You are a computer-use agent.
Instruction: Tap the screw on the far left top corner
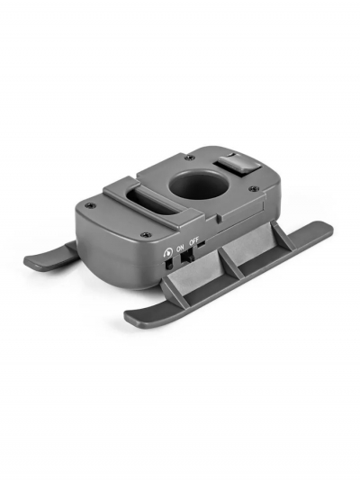pyautogui.click(x=88, y=205)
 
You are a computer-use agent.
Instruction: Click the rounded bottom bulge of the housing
pyautogui.click(x=126, y=270)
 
